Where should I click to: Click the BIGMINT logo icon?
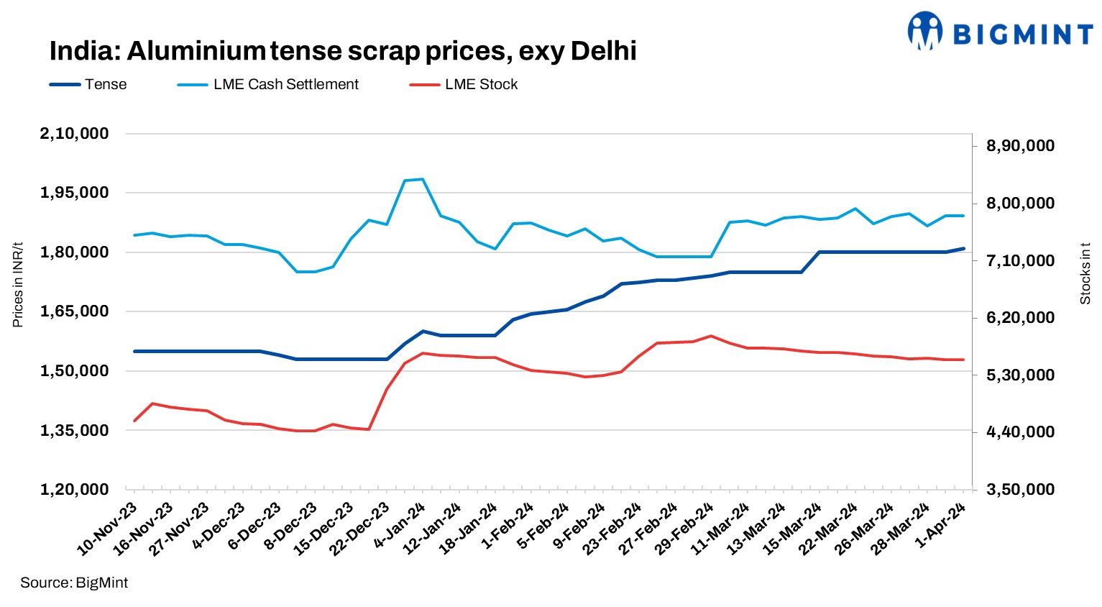(x=925, y=31)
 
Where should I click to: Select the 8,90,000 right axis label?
(x=1020, y=146)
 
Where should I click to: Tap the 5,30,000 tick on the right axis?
(x=1020, y=375)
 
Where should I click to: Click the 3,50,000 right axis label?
(x=1020, y=490)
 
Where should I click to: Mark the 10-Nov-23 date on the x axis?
(x=108, y=529)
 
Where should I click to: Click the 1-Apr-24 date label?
(x=942, y=526)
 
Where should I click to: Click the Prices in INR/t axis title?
(x=18, y=285)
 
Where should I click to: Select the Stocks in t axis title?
(x=1085, y=273)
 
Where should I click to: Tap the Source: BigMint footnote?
(x=74, y=583)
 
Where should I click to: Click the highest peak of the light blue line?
(x=422, y=179)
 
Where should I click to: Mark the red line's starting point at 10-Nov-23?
(x=134, y=421)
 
